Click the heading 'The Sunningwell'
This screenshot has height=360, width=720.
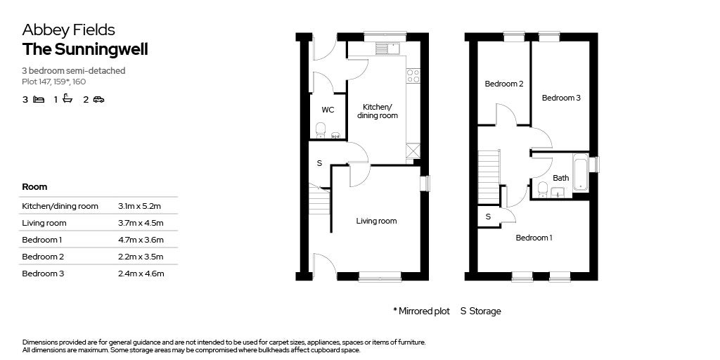pyautogui.click(x=85, y=50)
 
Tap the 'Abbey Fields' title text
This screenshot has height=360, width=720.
pyautogui.click(x=69, y=30)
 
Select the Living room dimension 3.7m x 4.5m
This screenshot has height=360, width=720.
pyautogui.click(x=141, y=223)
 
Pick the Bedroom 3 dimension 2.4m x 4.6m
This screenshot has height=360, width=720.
pyautogui.click(x=141, y=274)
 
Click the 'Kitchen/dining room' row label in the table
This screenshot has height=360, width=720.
pyautogui.click(x=60, y=206)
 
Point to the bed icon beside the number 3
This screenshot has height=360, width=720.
pyautogui.click(x=39, y=99)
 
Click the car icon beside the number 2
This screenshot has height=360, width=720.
pyautogui.click(x=98, y=99)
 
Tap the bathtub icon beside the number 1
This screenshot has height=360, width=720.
pyautogui.click(x=67, y=98)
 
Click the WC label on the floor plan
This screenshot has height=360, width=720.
pyautogui.click(x=328, y=110)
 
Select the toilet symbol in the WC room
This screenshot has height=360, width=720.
pyautogui.click(x=321, y=130)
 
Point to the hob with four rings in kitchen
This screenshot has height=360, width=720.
pyautogui.click(x=413, y=76)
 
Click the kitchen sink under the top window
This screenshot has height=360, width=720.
pyautogui.click(x=388, y=49)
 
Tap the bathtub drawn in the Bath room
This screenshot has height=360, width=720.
pyautogui.click(x=580, y=172)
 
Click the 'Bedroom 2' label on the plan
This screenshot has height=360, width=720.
pyautogui.click(x=504, y=84)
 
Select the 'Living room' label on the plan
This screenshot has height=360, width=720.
pyautogui.click(x=377, y=221)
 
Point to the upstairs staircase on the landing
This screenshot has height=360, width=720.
pyautogui.click(x=489, y=176)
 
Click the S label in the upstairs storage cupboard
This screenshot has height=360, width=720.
pyautogui.click(x=488, y=217)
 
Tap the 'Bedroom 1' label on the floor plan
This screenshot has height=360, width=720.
pyautogui.click(x=534, y=238)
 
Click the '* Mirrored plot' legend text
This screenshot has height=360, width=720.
pyautogui.click(x=422, y=311)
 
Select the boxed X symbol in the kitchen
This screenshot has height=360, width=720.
pyautogui.click(x=413, y=151)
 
